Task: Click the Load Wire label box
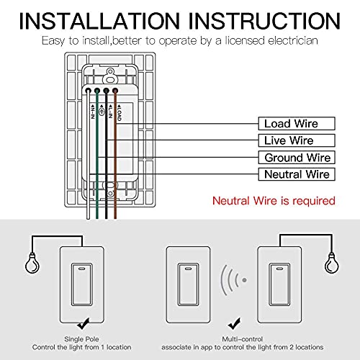click(290, 124)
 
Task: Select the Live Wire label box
click(290, 140)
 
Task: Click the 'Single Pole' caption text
click(85, 338)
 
